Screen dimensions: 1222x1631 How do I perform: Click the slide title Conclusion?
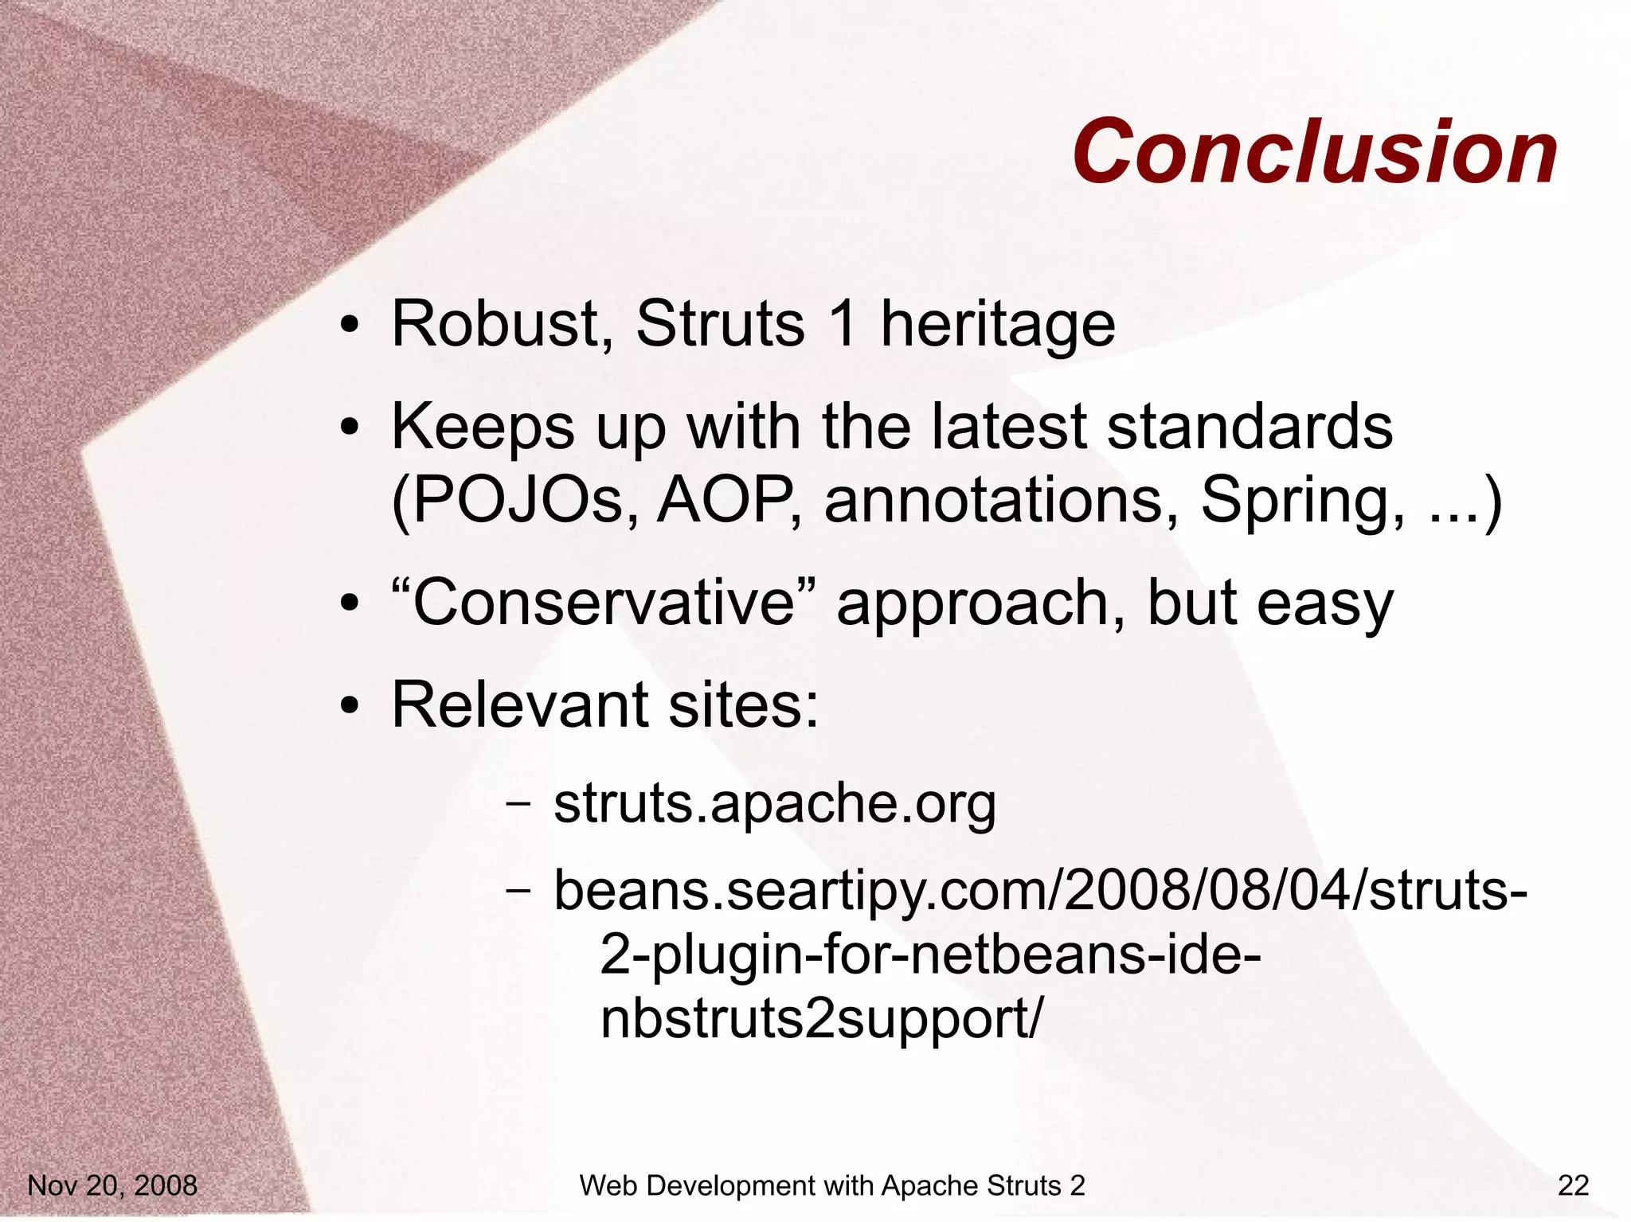(x=1314, y=151)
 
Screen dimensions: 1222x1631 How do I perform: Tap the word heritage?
(x=997, y=326)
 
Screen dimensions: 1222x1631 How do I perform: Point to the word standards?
(x=1250, y=427)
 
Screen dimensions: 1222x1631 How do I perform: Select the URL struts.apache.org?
(x=774, y=804)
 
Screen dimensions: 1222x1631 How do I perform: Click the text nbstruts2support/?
(x=820, y=1018)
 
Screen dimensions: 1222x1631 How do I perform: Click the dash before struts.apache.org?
(x=518, y=804)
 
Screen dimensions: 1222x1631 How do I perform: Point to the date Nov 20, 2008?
(x=112, y=1186)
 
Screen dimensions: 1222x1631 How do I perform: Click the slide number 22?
(x=1573, y=1186)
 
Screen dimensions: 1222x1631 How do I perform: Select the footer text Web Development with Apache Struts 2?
(x=832, y=1186)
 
